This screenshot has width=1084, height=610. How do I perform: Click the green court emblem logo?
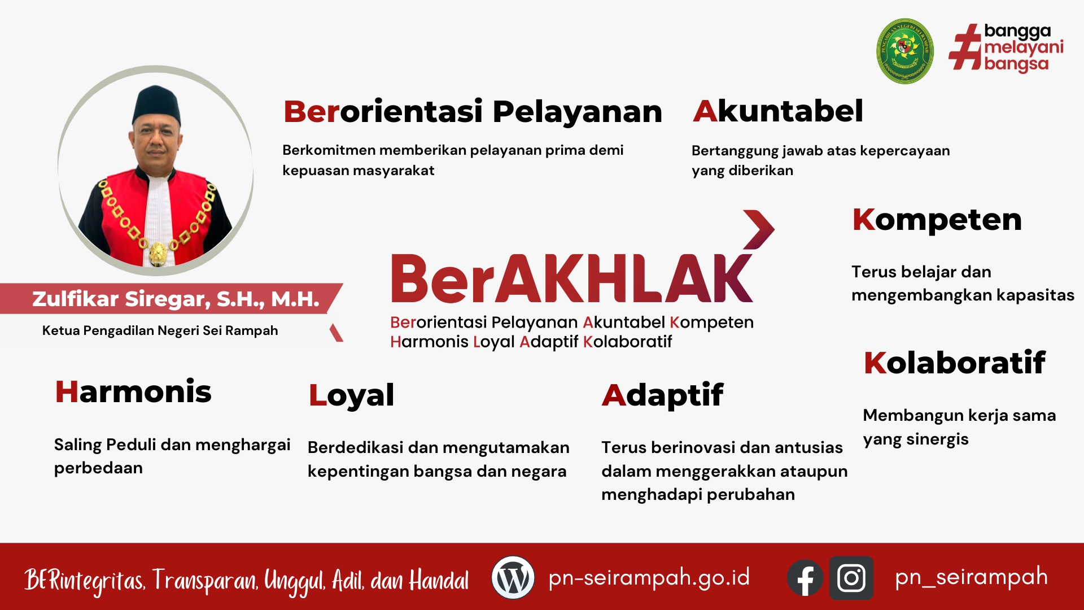[x=904, y=51]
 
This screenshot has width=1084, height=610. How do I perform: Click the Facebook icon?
[x=805, y=578]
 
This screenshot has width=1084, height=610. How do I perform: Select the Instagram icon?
[x=851, y=578]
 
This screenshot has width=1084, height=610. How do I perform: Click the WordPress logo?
[x=513, y=577]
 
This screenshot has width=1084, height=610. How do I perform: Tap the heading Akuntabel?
[x=778, y=111]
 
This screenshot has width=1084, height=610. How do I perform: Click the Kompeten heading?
[x=937, y=220]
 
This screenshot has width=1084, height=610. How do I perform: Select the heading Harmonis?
[x=133, y=392]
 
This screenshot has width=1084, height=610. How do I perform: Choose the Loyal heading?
[x=351, y=396]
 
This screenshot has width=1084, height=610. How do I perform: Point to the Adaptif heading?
[x=662, y=395]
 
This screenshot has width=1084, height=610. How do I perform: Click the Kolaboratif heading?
[x=955, y=363]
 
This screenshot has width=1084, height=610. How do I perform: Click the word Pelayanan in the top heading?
[x=577, y=111]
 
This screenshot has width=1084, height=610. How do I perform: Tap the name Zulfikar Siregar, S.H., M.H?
[x=176, y=299]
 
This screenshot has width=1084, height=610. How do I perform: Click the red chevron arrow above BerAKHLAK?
[x=759, y=229]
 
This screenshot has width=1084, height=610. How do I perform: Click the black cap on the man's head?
[x=156, y=105]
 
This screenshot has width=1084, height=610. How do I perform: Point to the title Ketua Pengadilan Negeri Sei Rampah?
[x=160, y=330]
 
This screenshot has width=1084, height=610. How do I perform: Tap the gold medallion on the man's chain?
[x=158, y=254]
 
